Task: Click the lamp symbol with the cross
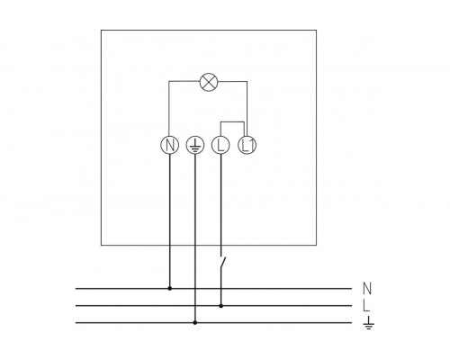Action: (208, 82)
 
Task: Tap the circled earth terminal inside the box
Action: (195, 144)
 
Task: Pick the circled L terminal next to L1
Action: (221, 144)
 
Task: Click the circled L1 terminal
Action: (247, 144)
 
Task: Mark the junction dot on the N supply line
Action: (171, 289)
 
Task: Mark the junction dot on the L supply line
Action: (221, 305)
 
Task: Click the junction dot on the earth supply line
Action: (195, 322)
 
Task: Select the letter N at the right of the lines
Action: (366, 289)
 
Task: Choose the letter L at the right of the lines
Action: (366, 306)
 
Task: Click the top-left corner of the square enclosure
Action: (101, 31)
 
